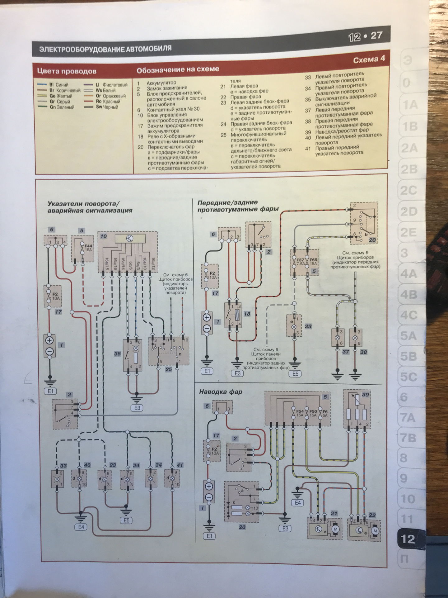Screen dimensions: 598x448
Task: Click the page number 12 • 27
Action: pyautogui.click(x=365, y=36)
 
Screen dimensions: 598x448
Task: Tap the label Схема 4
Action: pyautogui.click(x=369, y=59)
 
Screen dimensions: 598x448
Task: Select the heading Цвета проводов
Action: pyautogui.click(x=67, y=71)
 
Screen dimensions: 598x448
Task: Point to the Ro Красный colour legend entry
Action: pyautogui.click(x=107, y=102)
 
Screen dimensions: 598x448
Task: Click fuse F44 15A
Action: pyautogui.click(x=88, y=248)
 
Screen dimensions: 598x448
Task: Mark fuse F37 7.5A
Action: pyautogui.click(x=300, y=261)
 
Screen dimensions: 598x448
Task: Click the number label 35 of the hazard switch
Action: pyautogui.click(x=117, y=354)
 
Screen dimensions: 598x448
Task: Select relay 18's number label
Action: pyautogui.click(x=247, y=314)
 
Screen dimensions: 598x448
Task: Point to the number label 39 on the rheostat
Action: pyautogui.click(x=366, y=395)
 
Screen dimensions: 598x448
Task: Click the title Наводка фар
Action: pyautogui.click(x=221, y=392)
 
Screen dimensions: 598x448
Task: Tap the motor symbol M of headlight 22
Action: pyautogui.click(x=375, y=531)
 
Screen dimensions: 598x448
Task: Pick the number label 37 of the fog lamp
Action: pyautogui.click(x=346, y=352)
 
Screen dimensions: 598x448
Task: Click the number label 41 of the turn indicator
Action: pyautogui.click(x=180, y=465)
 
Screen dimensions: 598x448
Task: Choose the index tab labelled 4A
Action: pyautogui.click(x=408, y=274)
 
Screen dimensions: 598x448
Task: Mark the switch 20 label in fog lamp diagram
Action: pyautogui.click(x=372, y=240)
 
